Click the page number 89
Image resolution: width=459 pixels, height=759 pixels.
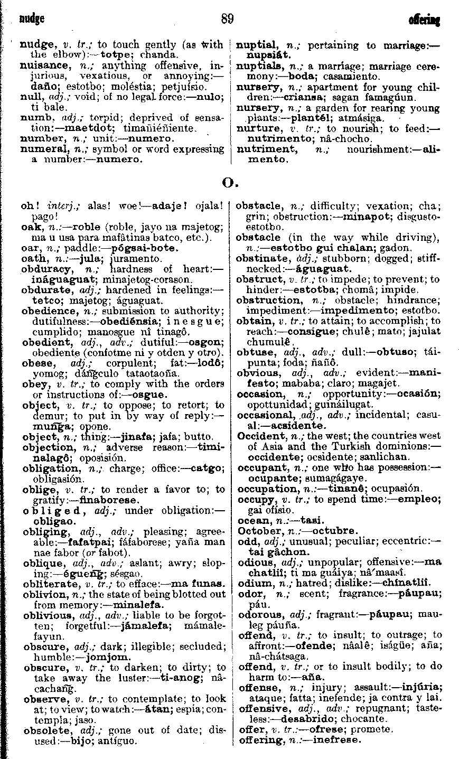point(228,20)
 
